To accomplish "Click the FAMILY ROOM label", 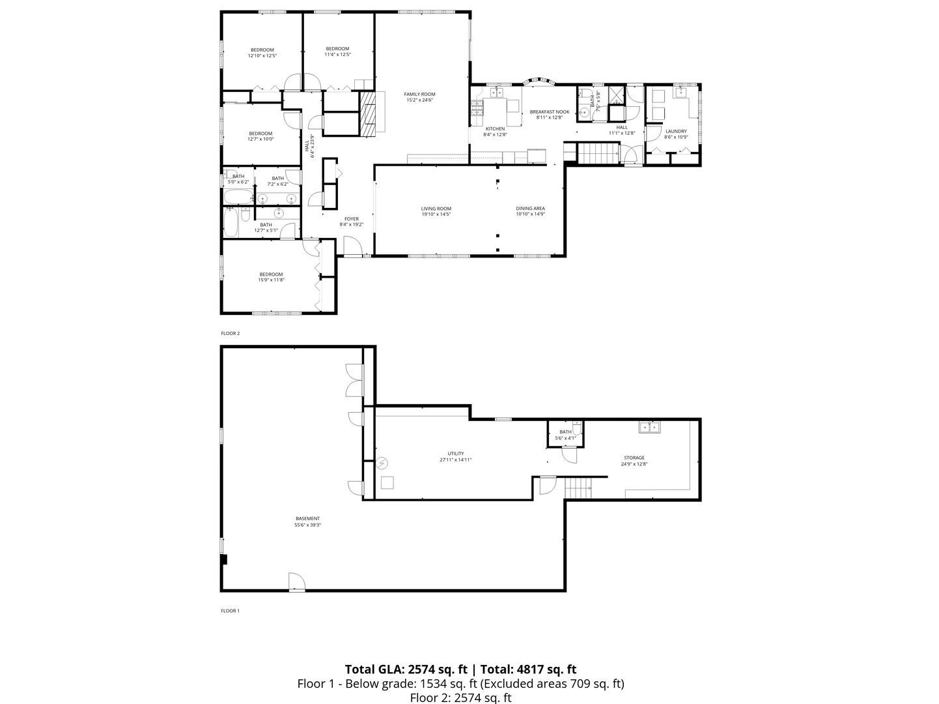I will pyautogui.click(x=419, y=94).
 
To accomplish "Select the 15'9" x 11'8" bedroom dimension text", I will pyautogui.click(x=272, y=280).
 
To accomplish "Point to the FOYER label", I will pyautogui.click(x=351, y=219).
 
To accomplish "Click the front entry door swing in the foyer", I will pyautogui.click(x=352, y=246).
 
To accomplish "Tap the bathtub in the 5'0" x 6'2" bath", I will pyautogui.click(x=238, y=197).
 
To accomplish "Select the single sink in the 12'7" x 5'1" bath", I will pyautogui.click(x=279, y=213).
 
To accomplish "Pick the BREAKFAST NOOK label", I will pyautogui.click(x=549, y=111).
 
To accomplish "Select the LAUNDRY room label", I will pyautogui.click(x=675, y=131).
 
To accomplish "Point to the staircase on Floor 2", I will pyautogui.click(x=596, y=154).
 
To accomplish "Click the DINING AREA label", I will pyautogui.click(x=530, y=209).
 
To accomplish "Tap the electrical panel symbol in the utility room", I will pyautogui.click(x=382, y=463).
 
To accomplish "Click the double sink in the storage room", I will pyautogui.click(x=649, y=428).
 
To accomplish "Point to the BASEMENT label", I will pyautogui.click(x=307, y=519).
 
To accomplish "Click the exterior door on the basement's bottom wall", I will pyautogui.click(x=296, y=582).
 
